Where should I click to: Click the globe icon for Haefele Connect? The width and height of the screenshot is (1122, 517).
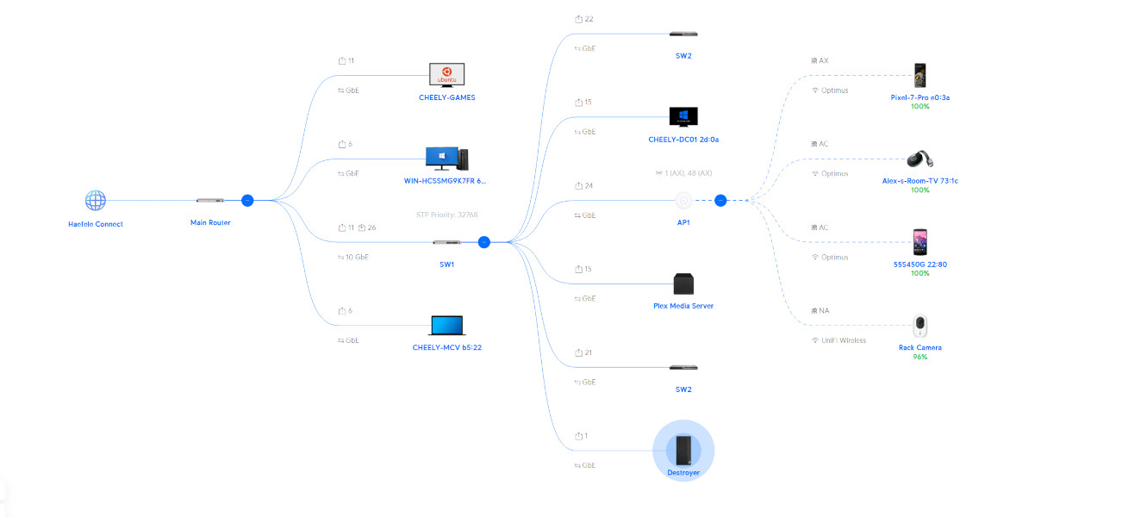pyautogui.click(x=95, y=201)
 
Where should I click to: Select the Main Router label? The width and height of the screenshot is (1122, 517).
pyautogui.click(x=210, y=223)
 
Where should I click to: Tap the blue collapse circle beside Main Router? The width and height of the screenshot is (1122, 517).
pyautogui.click(x=247, y=200)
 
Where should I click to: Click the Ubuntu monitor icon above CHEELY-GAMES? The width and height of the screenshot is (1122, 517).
pyautogui.click(x=446, y=75)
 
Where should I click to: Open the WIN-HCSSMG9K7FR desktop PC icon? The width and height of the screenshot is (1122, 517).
pyautogui.click(x=446, y=159)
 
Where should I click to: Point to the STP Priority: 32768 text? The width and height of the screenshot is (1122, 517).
pyautogui.click(x=446, y=215)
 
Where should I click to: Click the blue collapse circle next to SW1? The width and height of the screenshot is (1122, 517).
pyautogui.click(x=484, y=242)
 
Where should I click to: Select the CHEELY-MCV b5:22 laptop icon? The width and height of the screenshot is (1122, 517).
pyautogui.click(x=446, y=326)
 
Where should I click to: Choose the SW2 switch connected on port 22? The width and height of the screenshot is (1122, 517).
pyautogui.click(x=683, y=34)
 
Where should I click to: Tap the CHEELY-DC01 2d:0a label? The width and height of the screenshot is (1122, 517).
pyautogui.click(x=683, y=140)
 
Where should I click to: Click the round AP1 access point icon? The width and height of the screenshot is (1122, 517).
pyautogui.click(x=683, y=201)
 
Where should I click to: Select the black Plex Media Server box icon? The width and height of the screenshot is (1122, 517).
pyautogui.click(x=683, y=284)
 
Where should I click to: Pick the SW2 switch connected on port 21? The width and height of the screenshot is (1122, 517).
pyautogui.click(x=683, y=368)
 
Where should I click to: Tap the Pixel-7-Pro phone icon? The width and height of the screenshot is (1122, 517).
pyautogui.click(x=920, y=75)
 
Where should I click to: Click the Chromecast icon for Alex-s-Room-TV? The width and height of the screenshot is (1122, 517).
pyautogui.click(x=920, y=159)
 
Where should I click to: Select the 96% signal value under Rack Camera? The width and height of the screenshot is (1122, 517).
pyautogui.click(x=920, y=357)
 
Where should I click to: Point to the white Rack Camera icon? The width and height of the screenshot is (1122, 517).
pyautogui.click(x=920, y=327)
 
